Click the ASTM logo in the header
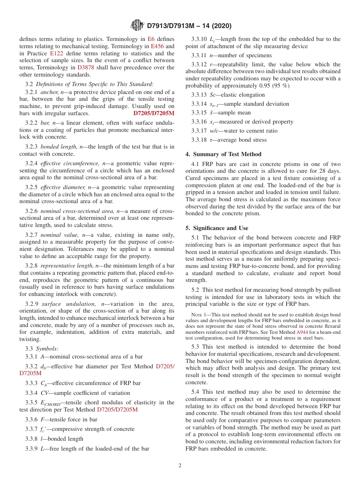(x=137, y=25)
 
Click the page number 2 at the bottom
(x=180, y=465)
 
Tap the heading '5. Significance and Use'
(x=217, y=228)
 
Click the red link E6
(x=151, y=39)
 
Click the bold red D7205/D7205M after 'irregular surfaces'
(x=154, y=113)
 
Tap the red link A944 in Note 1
(x=302, y=332)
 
